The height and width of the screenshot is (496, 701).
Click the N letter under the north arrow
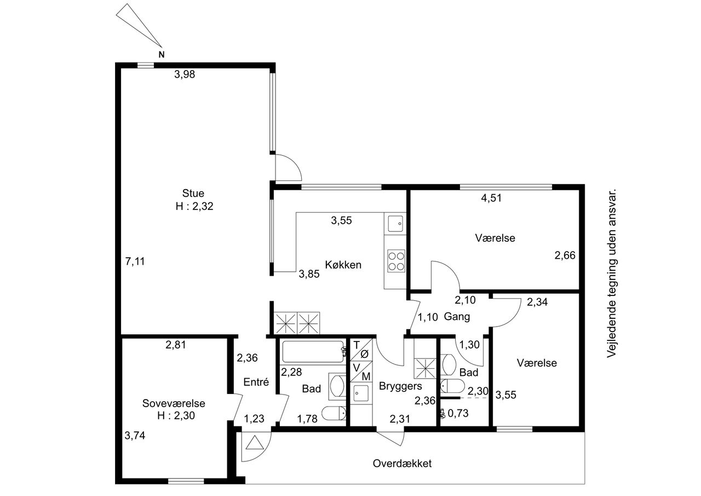162,54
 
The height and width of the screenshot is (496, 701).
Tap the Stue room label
193,193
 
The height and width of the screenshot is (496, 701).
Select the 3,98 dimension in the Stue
185,75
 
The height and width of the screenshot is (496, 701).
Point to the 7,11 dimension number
135,261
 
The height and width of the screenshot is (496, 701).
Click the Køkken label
343,265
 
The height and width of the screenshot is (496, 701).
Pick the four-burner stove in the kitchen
396,260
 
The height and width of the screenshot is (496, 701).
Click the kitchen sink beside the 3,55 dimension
395,224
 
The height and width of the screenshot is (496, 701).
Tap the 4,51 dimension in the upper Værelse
491,198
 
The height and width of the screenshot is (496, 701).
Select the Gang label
457,317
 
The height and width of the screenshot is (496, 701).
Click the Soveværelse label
174,403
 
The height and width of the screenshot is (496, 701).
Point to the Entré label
256,382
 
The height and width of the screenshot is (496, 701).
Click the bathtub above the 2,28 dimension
313,352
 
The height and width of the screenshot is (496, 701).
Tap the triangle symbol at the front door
255,443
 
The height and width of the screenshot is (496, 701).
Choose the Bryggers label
400,386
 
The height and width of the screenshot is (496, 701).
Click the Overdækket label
402,464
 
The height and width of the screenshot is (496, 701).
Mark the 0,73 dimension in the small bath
458,413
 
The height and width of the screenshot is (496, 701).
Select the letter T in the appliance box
356,345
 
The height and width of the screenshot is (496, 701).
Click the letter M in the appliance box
366,377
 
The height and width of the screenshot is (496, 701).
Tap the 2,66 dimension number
565,255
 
